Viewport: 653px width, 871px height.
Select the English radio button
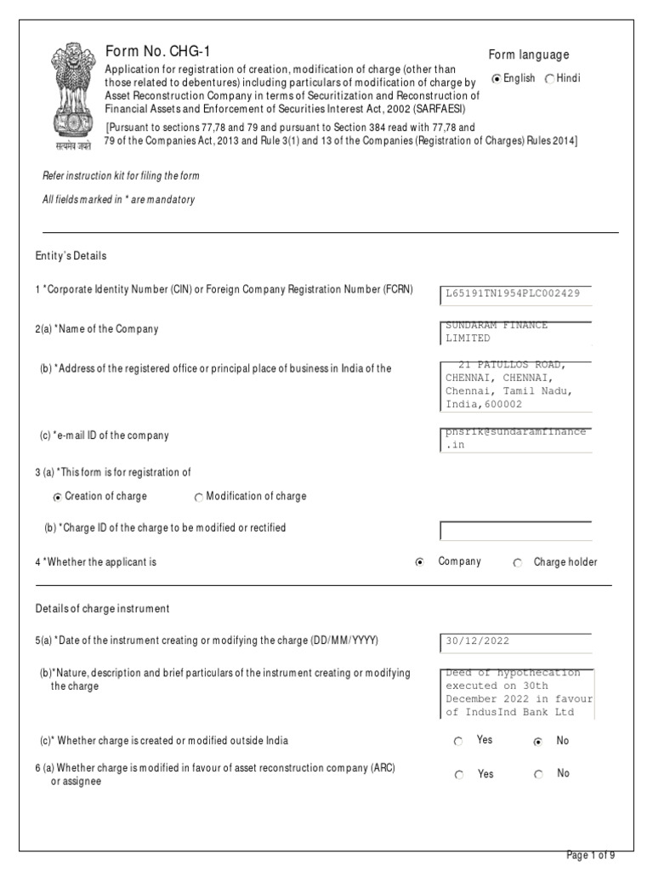coord(497,79)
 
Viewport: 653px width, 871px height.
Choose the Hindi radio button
coord(549,79)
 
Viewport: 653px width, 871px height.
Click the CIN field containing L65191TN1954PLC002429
coord(516,293)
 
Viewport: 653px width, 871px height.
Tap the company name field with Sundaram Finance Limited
coord(516,333)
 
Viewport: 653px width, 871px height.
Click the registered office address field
coord(516,384)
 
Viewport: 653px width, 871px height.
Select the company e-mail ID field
coord(516,438)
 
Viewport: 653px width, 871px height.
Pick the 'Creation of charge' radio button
coord(57,497)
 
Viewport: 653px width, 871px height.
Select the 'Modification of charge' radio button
coord(198,497)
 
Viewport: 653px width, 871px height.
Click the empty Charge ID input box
coord(516,531)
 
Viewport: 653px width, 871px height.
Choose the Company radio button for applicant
coord(420,562)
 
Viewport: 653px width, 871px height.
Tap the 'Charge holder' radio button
coord(518,562)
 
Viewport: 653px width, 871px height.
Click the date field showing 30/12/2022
coord(516,642)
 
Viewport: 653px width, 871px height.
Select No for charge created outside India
coord(537,742)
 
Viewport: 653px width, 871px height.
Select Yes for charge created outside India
coord(459,742)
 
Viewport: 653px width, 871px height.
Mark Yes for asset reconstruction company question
coord(459,775)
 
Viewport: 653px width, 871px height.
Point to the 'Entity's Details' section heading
coord(71,255)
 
